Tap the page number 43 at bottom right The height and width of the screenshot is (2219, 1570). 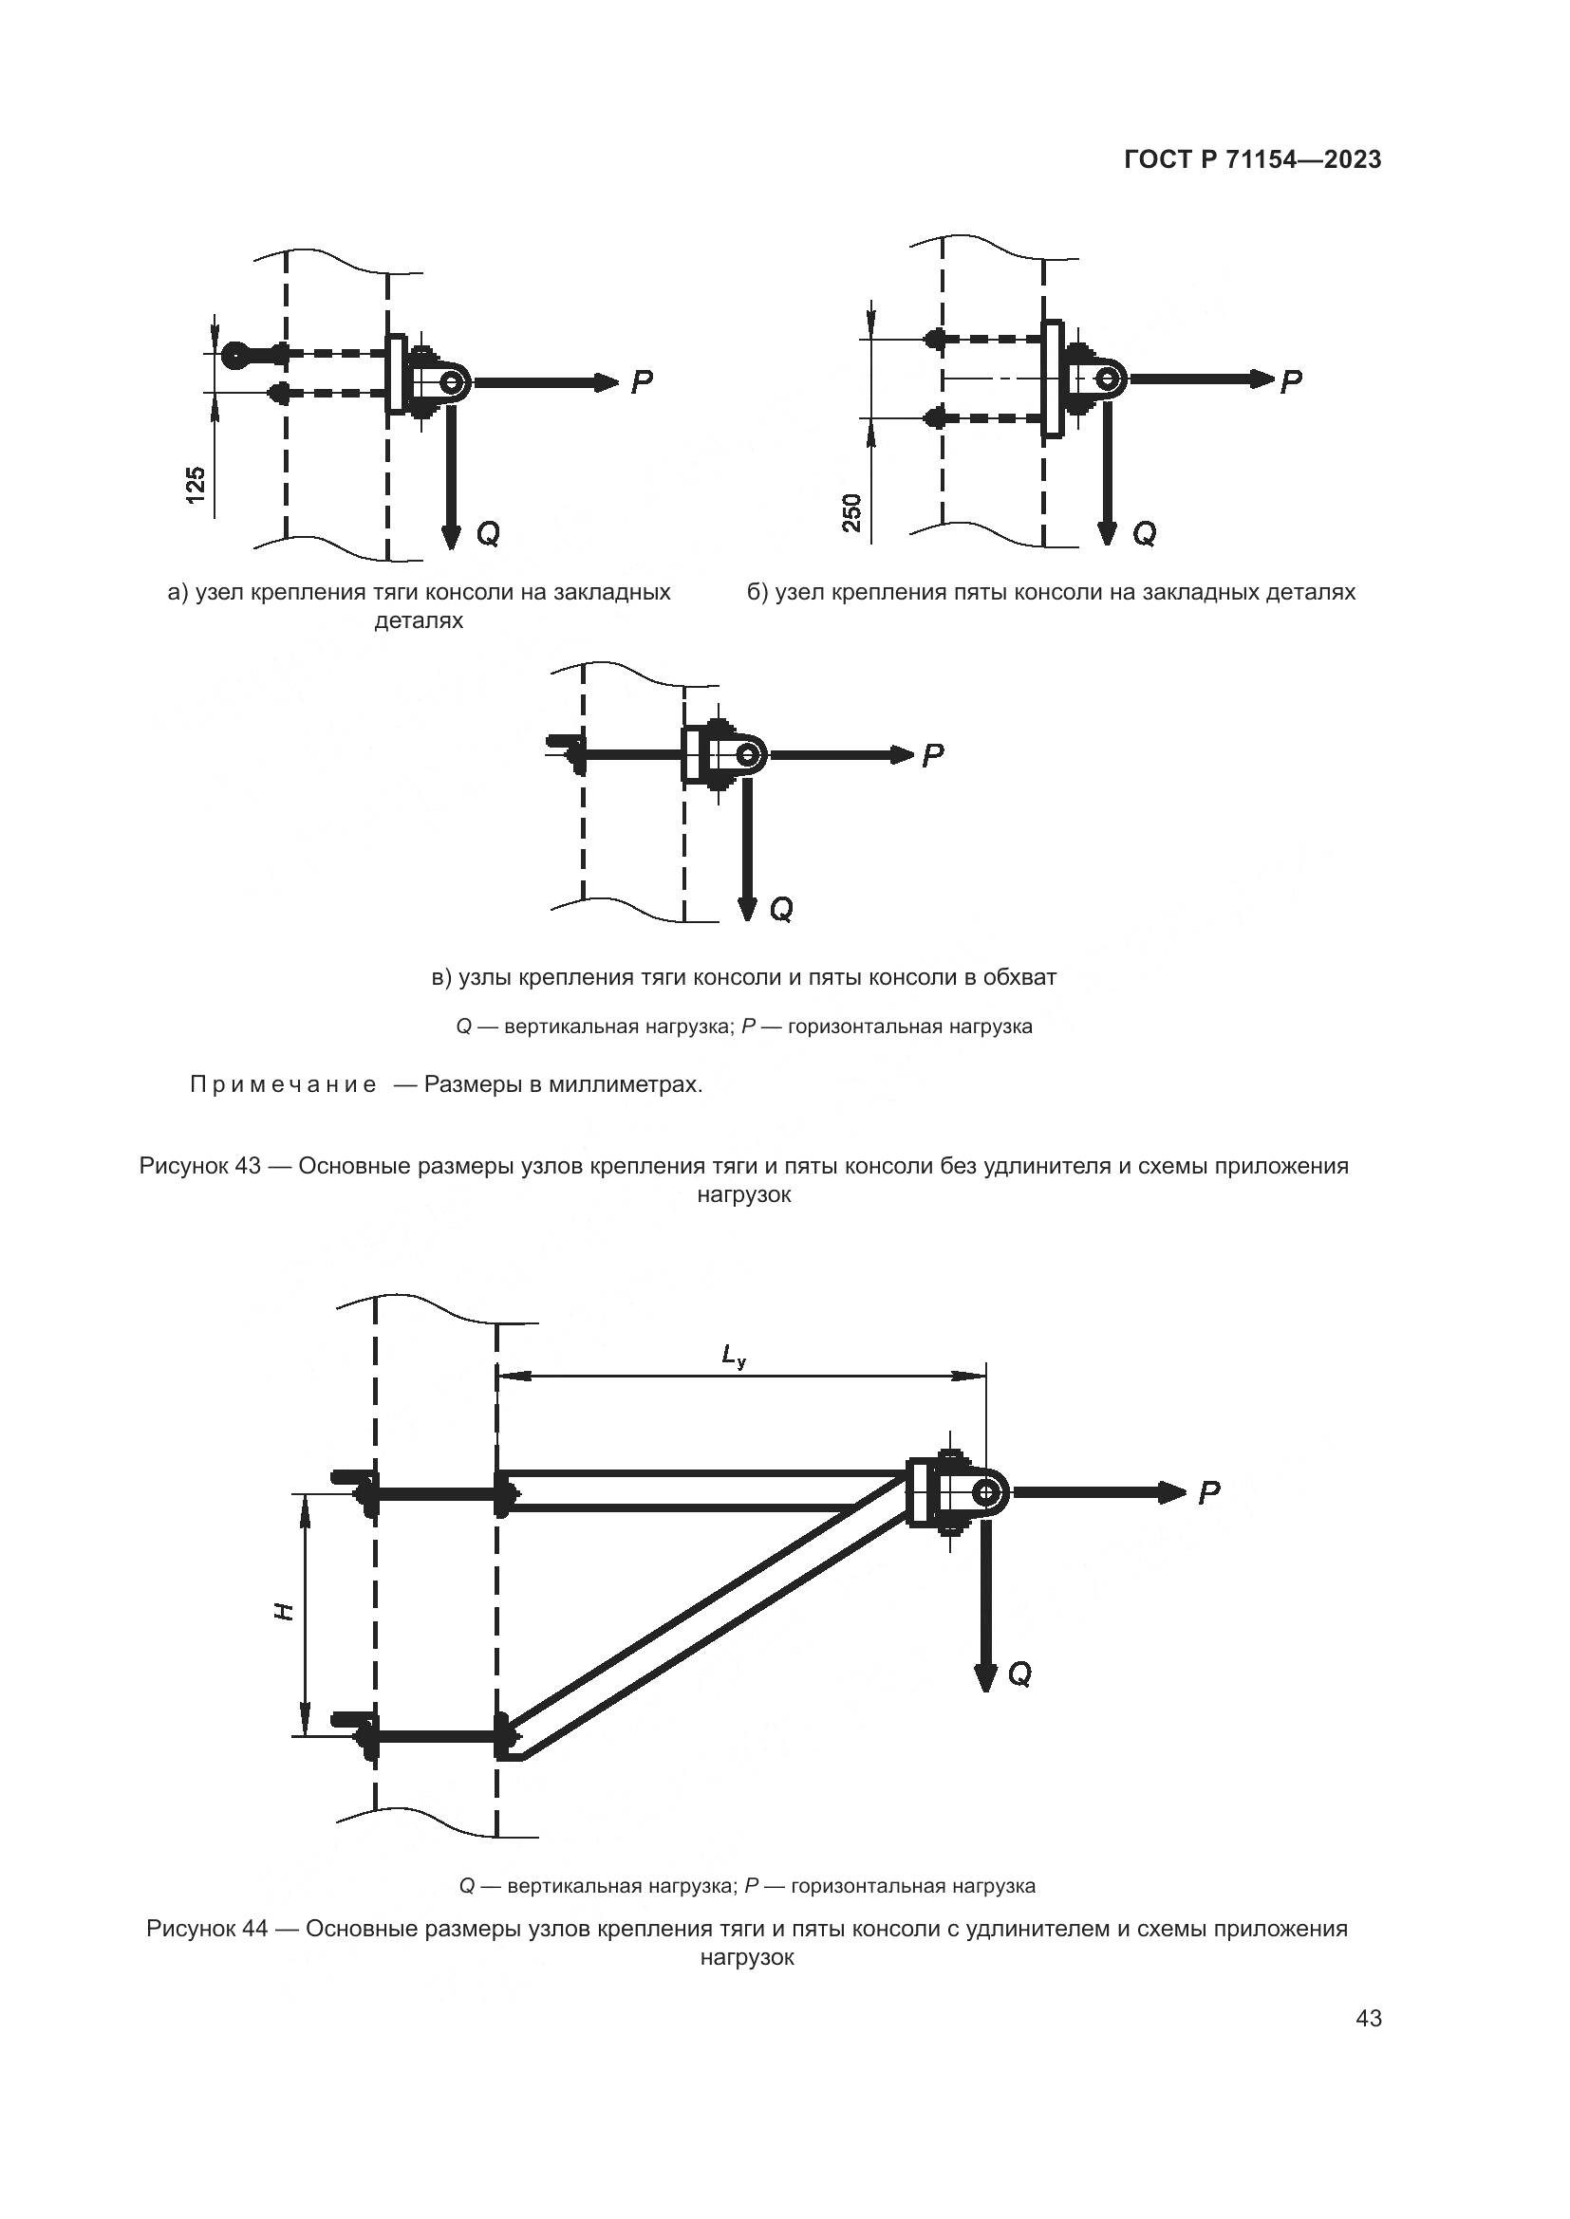click(x=1369, y=2018)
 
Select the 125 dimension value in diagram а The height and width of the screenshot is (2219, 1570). click(x=196, y=485)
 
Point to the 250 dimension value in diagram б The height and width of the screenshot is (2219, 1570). click(x=851, y=513)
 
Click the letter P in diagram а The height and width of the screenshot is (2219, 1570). click(x=642, y=382)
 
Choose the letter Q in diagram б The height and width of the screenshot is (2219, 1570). click(x=1144, y=533)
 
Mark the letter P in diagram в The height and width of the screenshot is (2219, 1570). click(x=933, y=755)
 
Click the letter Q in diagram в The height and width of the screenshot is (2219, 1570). click(x=781, y=910)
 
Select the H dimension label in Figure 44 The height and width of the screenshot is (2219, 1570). click(x=283, y=1611)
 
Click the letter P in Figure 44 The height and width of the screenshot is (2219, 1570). click(x=1209, y=1493)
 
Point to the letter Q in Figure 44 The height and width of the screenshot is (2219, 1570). click(x=1019, y=1673)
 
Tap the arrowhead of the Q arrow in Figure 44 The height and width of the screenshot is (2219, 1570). click(x=985, y=1678)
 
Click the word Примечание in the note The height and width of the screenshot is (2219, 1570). click(x=283, y=1084)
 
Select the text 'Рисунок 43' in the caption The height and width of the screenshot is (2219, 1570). click(x=200, y=1166)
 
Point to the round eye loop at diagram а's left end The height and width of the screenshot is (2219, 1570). click(x=234, y=356)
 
